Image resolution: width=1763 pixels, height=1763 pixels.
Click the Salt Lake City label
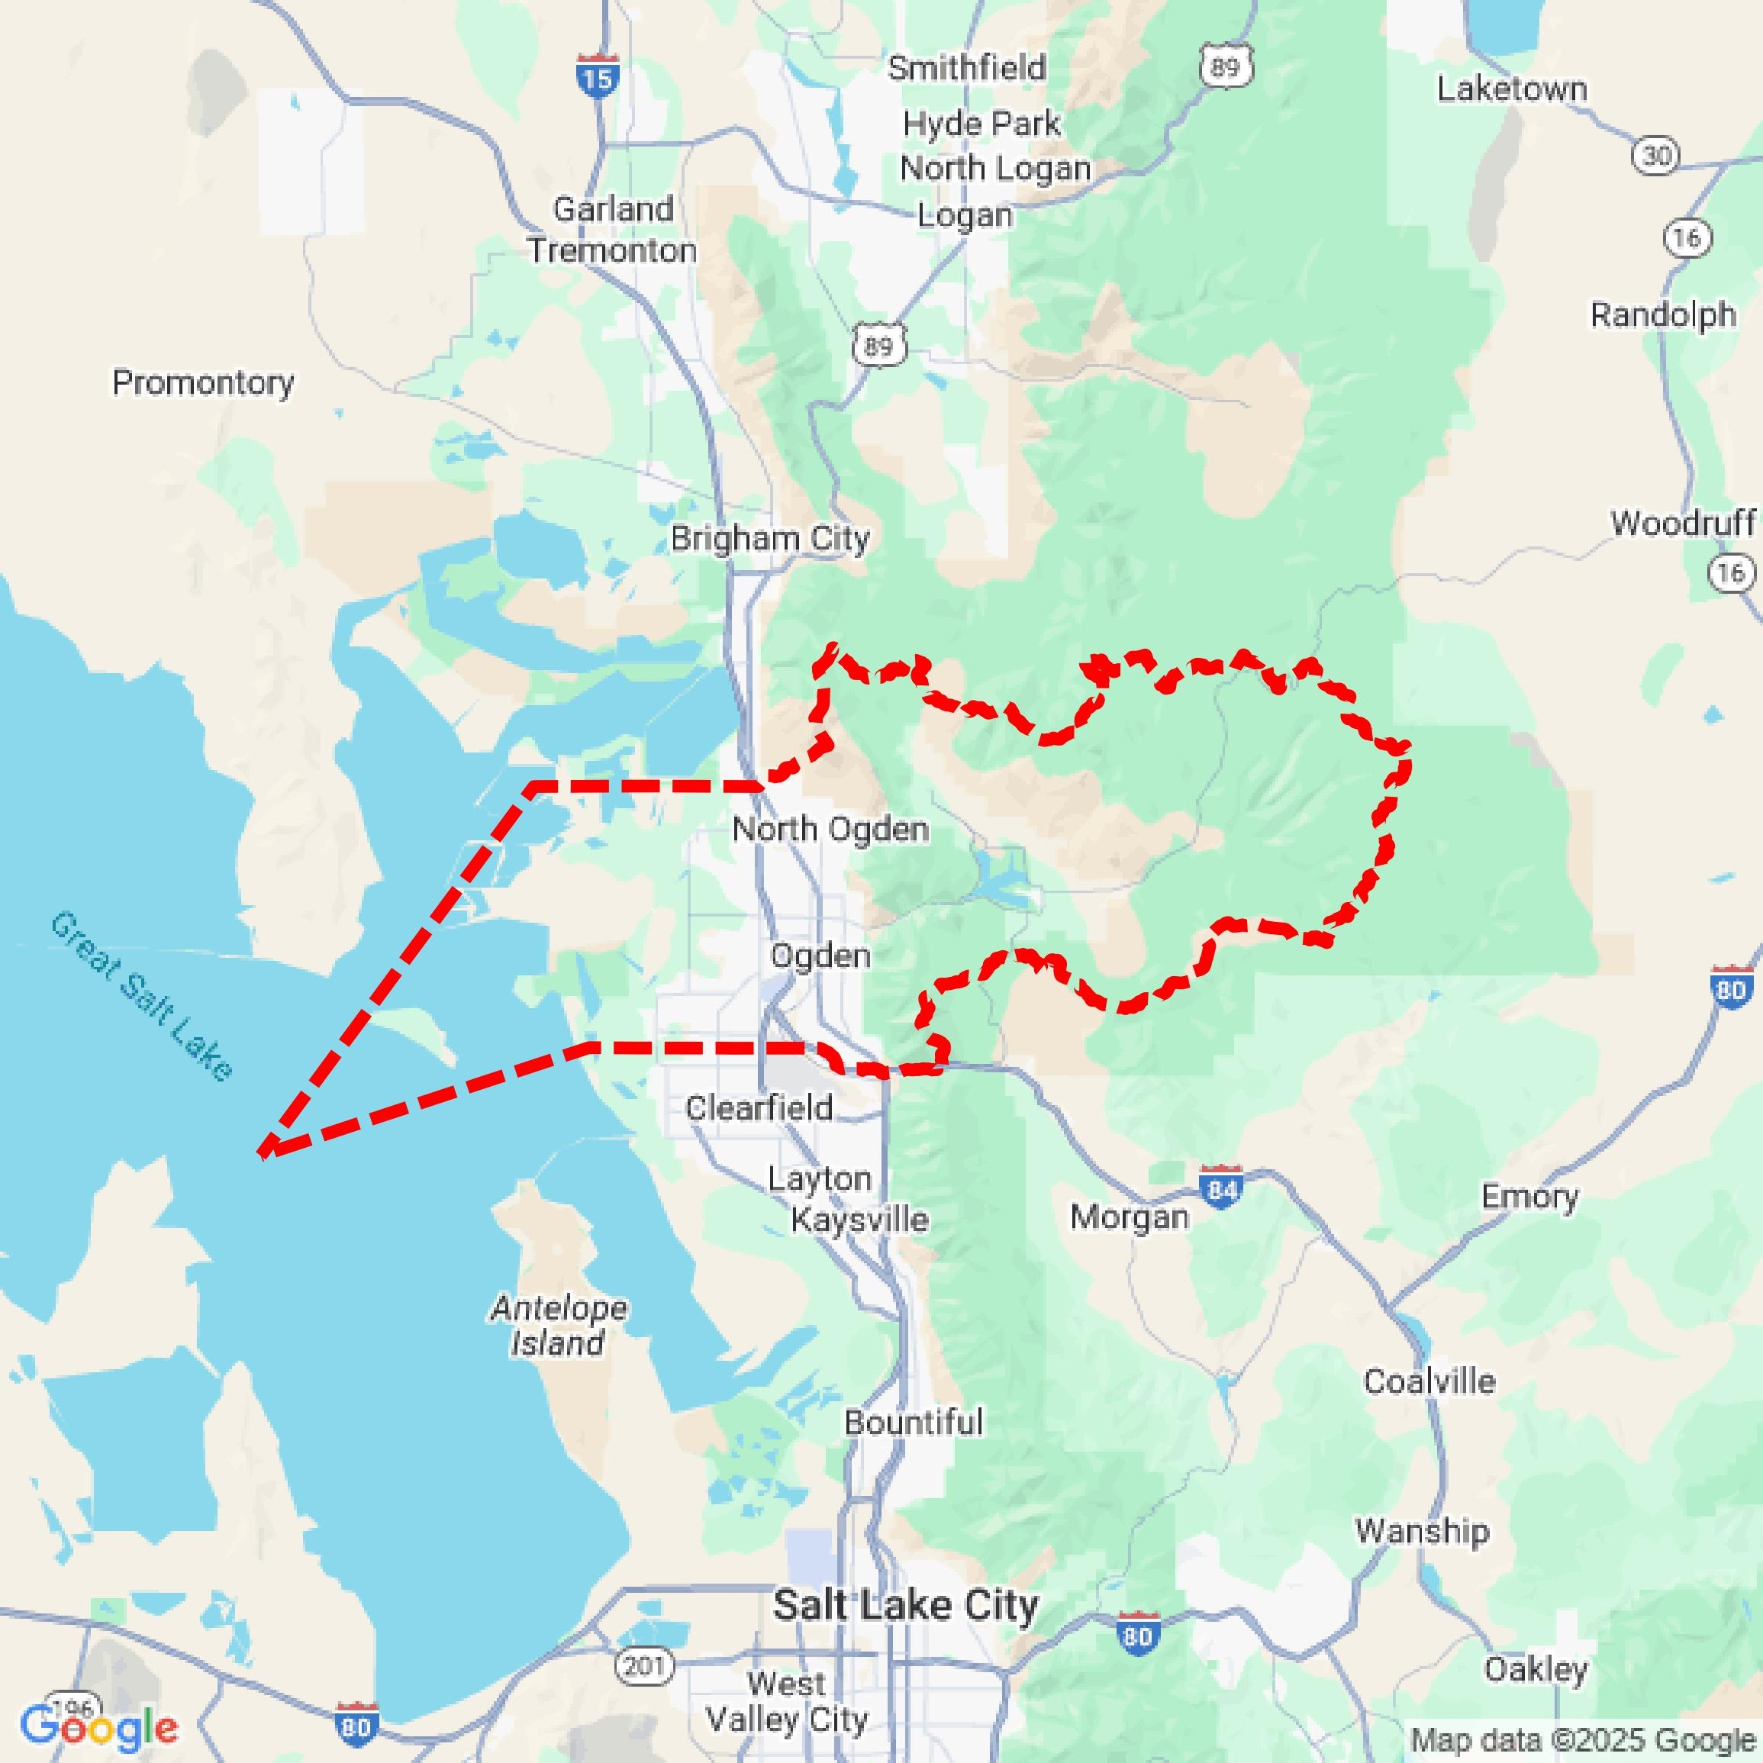[x=905, y=1605]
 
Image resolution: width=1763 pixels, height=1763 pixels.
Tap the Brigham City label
[x=769, y=538]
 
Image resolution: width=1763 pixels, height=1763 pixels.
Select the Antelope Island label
[x=559, y=1325]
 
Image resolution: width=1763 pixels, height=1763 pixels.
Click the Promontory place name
[x=202, y=382]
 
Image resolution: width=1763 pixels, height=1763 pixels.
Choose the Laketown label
[x=1512, y=89]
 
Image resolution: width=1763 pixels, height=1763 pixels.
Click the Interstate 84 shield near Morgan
[x=1221, y=1188]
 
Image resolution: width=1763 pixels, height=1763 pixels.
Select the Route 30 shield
[x=1656, y=155]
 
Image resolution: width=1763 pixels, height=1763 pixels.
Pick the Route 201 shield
[x=644, y=1665]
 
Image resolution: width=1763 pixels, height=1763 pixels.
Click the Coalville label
[x=1429, y=1381]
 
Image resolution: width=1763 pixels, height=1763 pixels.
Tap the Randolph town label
[x=1662, y=314]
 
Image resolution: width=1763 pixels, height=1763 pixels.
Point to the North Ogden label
[x=830, y=829]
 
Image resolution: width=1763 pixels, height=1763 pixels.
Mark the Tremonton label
[x=611, y=250]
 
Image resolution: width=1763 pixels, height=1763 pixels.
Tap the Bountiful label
[x=914, y=1422]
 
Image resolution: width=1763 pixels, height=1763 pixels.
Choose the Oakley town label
[x=1536, y=1669]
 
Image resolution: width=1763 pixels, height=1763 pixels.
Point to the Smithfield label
[x=966, y=67]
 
